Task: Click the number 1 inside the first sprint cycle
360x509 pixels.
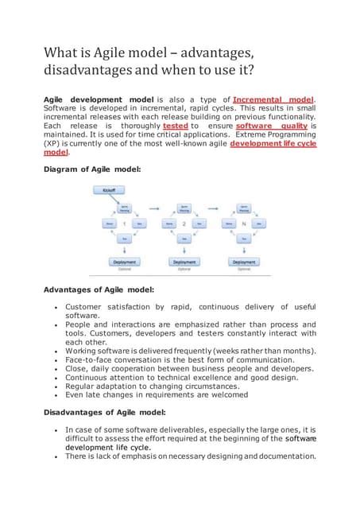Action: click(x=124, y=224)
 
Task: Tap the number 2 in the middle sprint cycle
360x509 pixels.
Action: click(x=184, y=224)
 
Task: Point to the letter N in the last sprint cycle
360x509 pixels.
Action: click(x=243, y=224)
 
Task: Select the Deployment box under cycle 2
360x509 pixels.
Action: click(x=184, y=262)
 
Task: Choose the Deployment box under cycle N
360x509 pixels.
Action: click(x=244, y=262)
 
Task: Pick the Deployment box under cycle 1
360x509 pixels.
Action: click(x=124, y=262)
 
